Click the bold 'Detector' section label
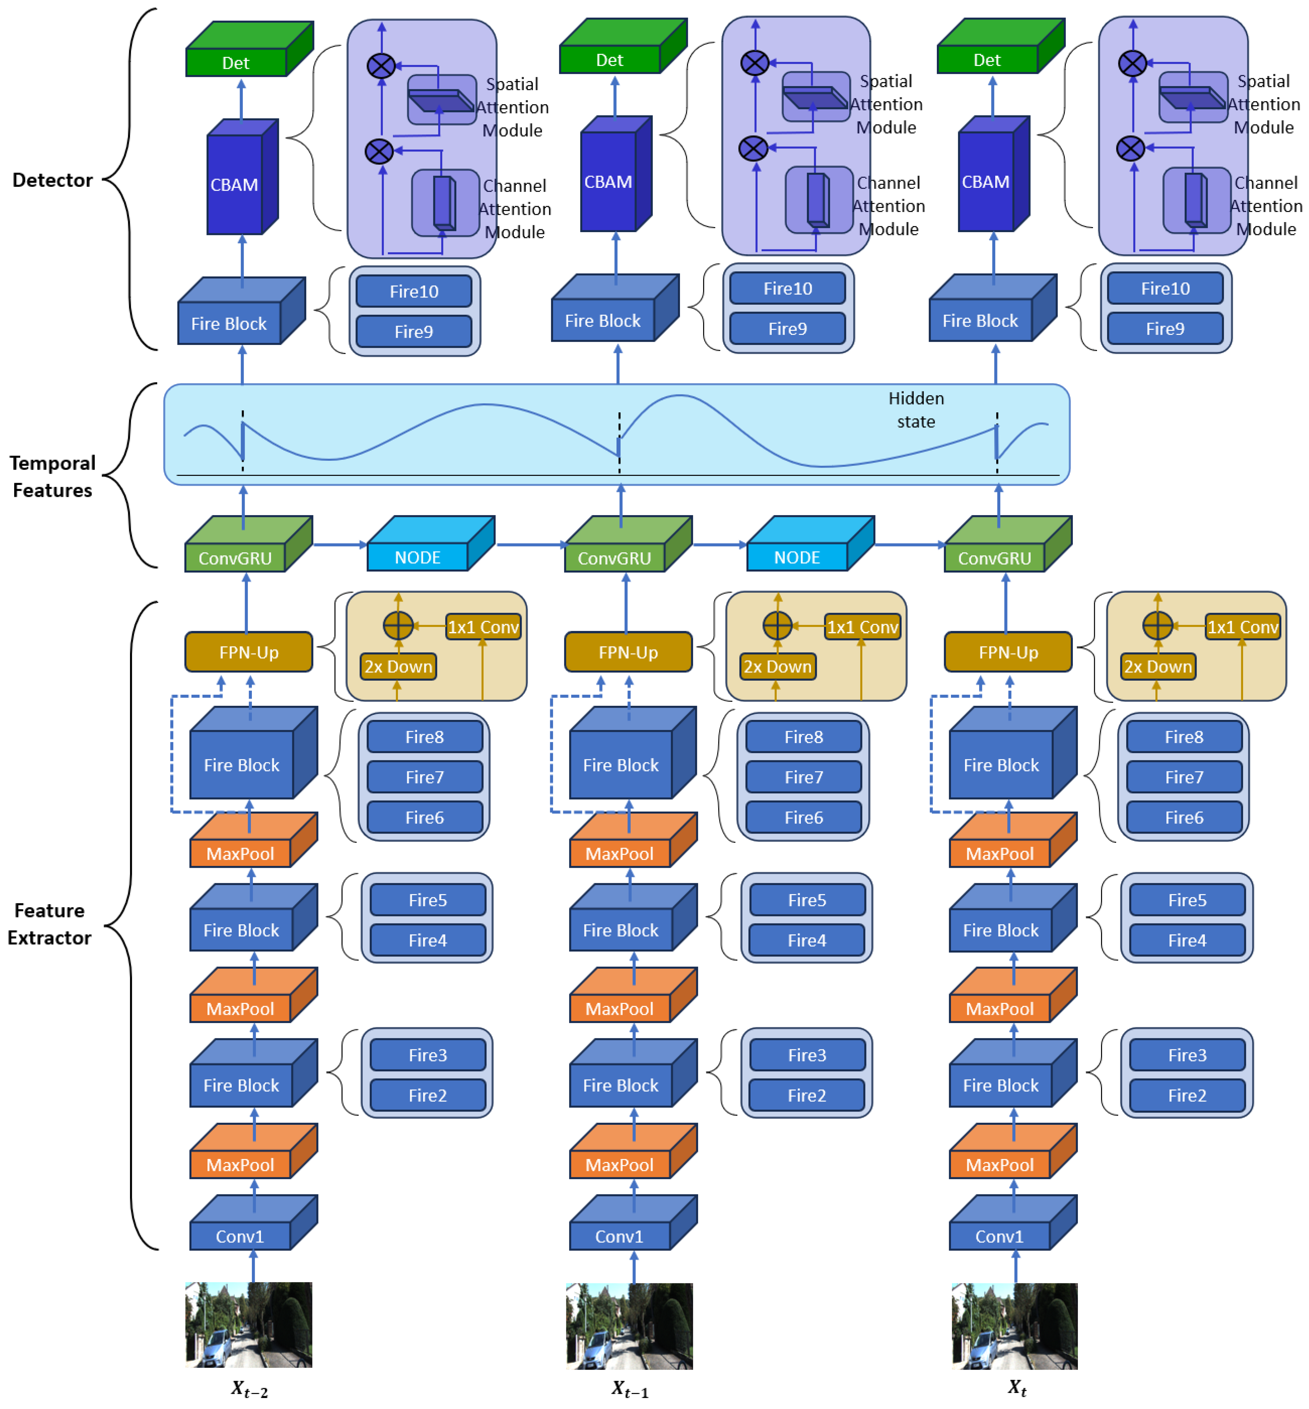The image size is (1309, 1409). (x=52, y=180)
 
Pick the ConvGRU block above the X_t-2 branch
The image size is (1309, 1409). (x=235, y=558)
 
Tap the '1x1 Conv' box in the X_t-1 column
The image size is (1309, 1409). (x=862, y=627)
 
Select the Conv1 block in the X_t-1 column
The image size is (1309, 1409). (x=619, y=1236)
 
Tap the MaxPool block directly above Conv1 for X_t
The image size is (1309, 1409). (x=999, y=1165)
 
